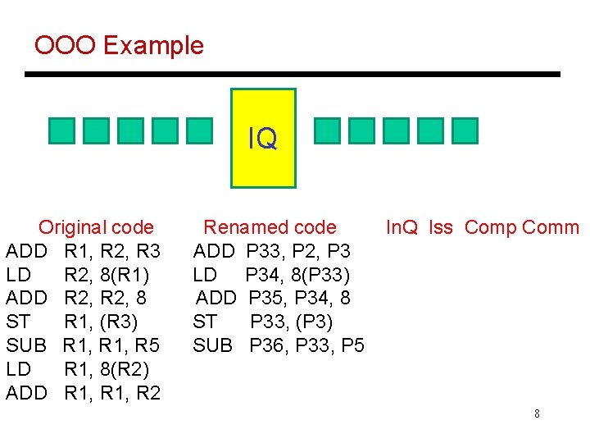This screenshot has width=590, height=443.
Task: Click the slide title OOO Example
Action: (119, 45)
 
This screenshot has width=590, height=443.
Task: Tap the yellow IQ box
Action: (263, 138)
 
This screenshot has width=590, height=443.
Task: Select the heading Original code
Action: (96, 227)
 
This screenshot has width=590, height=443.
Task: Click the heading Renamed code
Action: (270, 227)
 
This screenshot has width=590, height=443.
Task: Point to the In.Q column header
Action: (402, 227)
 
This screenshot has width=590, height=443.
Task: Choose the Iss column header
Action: (441, 227)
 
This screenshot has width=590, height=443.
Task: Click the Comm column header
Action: (550, 227)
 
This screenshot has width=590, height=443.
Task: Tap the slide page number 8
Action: (537, 413)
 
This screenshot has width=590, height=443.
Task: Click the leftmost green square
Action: (61, 131)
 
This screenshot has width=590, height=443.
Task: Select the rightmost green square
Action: (465, 131)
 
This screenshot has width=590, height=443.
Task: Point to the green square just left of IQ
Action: (198, 131)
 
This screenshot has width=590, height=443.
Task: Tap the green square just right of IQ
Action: (328, 131)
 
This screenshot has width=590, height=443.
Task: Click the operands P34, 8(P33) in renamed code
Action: (298, 274)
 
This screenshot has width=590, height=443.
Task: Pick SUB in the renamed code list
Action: (213, 345)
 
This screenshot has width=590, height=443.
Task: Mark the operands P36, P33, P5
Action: (307, 345)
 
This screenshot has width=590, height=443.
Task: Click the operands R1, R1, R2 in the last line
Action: (112, 393)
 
